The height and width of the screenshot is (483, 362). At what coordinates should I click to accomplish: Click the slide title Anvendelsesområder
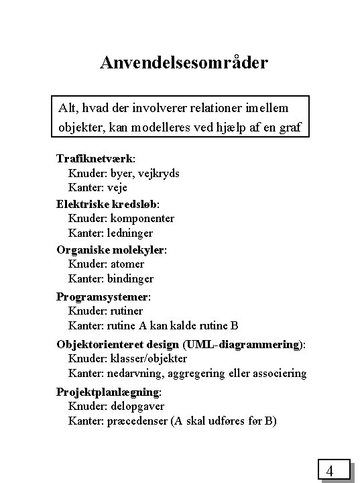[x=184, y=63]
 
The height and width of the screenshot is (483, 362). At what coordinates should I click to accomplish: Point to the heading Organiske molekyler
[x=111, y=250]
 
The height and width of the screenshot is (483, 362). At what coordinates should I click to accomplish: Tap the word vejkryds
[x=156, y=173]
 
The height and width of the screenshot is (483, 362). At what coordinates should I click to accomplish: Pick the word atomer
[x=125, y=264]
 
